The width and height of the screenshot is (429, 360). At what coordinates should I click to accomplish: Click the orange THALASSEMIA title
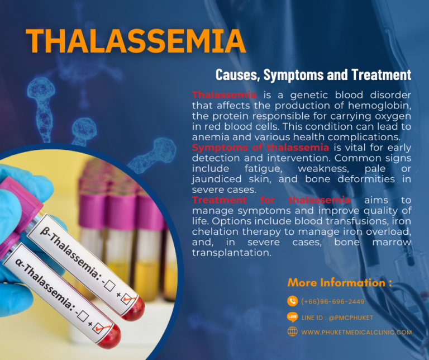[136, 40]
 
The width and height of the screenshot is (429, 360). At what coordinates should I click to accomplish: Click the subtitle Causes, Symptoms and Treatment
[313, 74]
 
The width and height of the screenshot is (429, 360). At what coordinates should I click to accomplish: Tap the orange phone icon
[292, 301]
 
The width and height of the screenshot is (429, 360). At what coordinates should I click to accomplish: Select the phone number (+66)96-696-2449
[332, 301]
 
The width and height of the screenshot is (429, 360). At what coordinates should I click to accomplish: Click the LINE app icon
[292, 316]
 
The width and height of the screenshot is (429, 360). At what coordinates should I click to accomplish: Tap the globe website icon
[292, 331]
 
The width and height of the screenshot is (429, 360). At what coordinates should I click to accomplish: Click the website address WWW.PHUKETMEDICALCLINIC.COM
[356, 332]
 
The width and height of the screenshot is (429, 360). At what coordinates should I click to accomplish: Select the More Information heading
[340, 282]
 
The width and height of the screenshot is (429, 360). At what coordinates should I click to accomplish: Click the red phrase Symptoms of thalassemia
[260, 148]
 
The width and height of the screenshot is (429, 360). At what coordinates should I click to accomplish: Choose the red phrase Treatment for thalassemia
[271, 200]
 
